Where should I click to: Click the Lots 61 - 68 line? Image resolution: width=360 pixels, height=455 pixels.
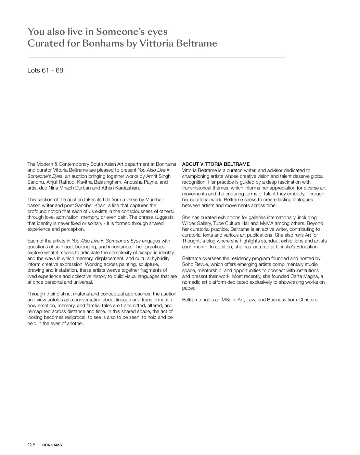click(45, 70)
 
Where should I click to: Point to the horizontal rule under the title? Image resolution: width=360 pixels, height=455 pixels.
click(156, 57)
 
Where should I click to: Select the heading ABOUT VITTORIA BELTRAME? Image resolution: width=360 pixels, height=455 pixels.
click(216, 164)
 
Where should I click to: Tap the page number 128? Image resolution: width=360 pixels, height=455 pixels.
click(31, 445)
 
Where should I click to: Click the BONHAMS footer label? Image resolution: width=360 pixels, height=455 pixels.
click(52, 445)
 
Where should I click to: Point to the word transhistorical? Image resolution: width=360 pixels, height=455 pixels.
click(198, 188)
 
